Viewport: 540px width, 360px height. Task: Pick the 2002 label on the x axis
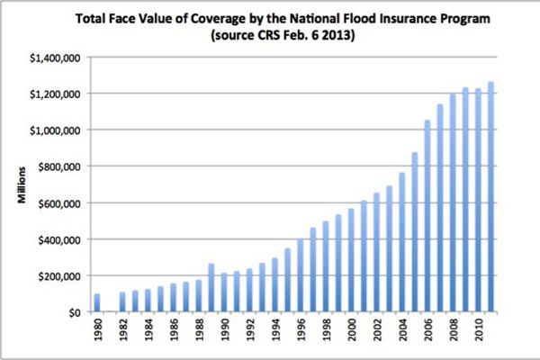[x=376, y=336]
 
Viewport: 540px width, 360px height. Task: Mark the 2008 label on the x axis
[x=453, y=336]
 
